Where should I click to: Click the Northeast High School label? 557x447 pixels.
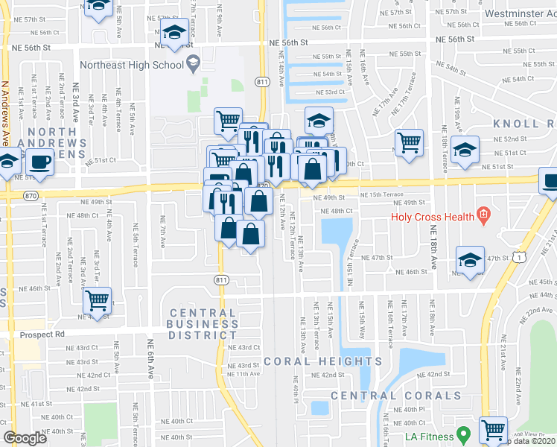[131, 65]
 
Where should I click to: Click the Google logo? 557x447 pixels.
[25, 438]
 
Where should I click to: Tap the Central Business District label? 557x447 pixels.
[203, 324]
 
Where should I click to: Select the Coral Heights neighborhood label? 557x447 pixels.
[322, 361]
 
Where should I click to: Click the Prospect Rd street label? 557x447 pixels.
[43, 335]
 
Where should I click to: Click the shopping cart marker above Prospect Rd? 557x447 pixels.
[98, 300]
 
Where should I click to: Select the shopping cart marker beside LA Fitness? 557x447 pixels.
[494, 429]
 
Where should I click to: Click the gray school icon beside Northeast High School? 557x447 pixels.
[193, 64]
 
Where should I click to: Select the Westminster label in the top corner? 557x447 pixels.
[519, 13]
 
